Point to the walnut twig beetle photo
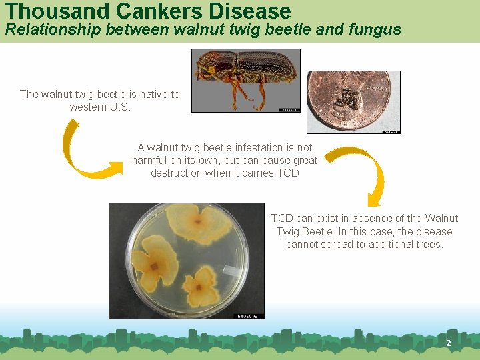(x=245, y=81)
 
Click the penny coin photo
(x=353, y=102)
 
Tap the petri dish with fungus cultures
(x=186, y=261)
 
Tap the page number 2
(x=448, y=343)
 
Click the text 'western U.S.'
(x=100, y=107)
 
